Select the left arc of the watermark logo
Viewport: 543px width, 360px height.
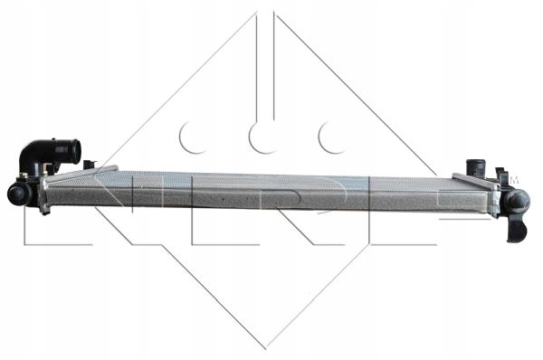(x=193, y=137)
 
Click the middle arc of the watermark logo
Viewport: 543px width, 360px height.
(x=263, y=137)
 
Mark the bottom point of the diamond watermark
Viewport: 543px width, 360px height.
(x=265, y=346)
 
